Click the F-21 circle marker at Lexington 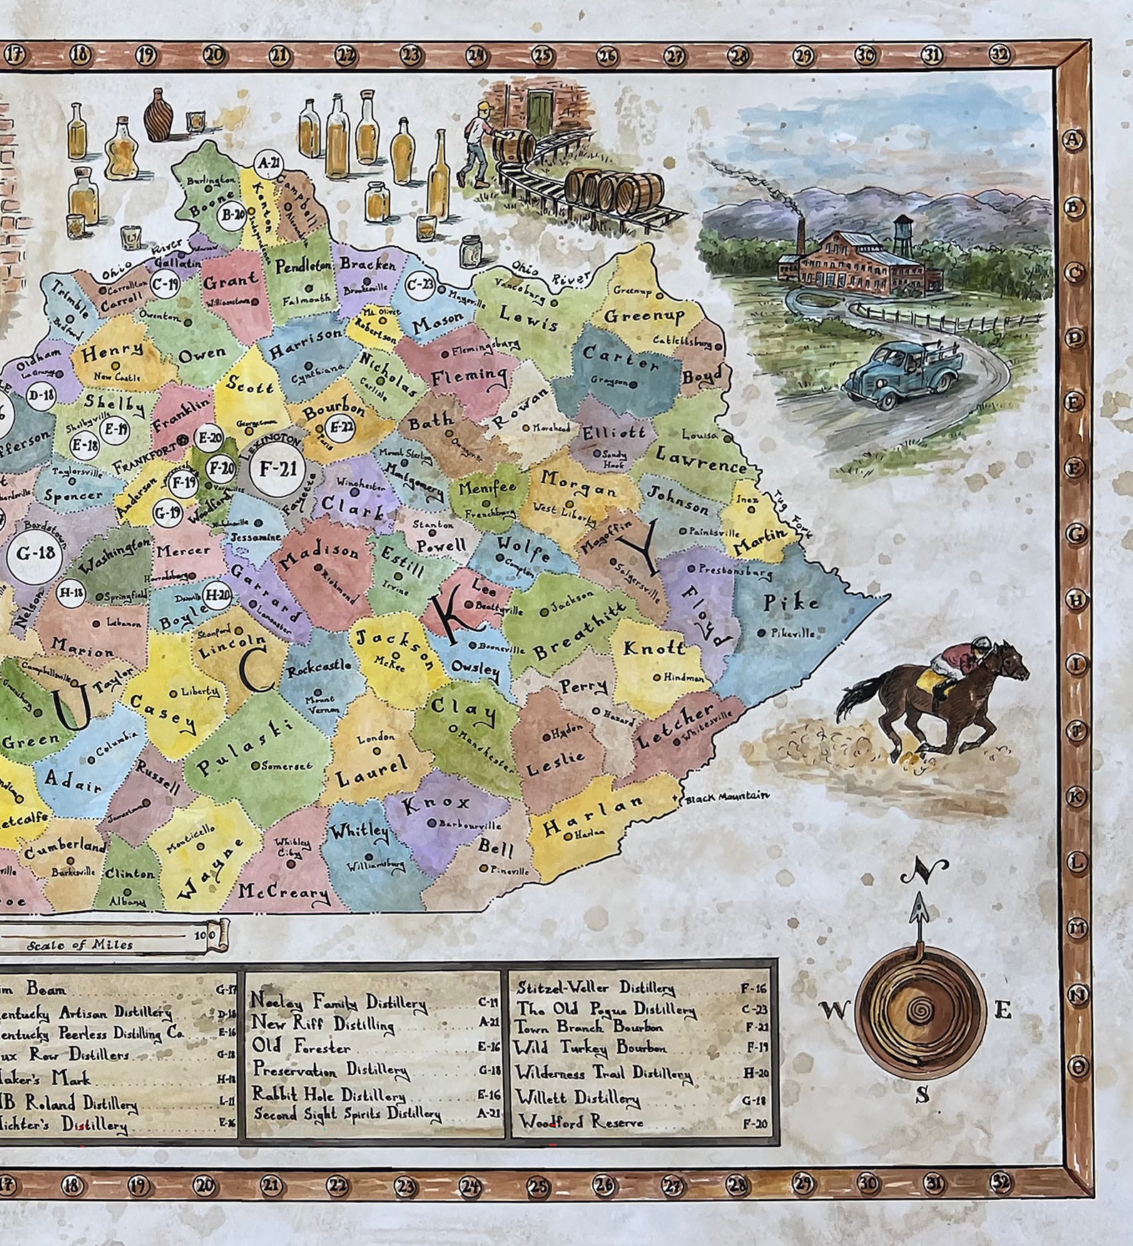(x=278, y=469)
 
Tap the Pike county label (x=791, y=602)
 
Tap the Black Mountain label (x=726, y=796)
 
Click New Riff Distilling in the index (x=322, y=1024)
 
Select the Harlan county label (x=593, y=815)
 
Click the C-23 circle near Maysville (x=420, y=285)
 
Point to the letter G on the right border (x=1076, y=533)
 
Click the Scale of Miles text (x=80, y=945)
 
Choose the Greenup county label (x=644, y=315)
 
